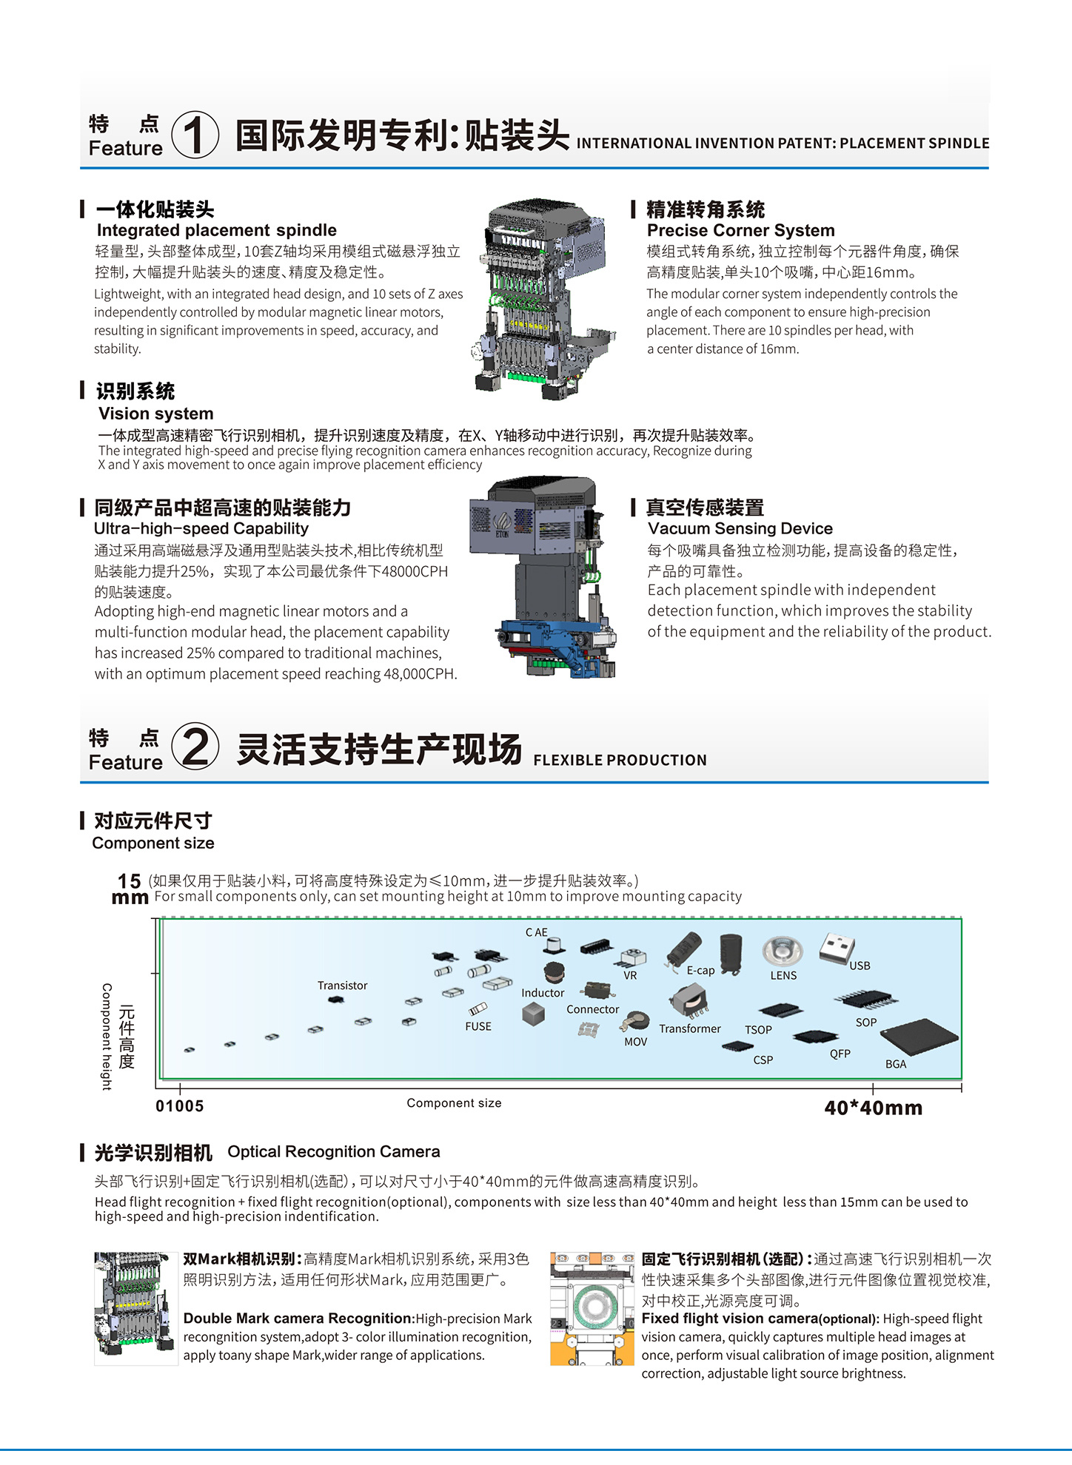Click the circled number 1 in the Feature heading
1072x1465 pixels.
(x=195, y=135)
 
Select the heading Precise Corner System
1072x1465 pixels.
(x=740, y=230)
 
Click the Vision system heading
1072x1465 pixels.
(x=155, y=414)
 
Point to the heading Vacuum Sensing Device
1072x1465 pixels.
(x=740, y=528)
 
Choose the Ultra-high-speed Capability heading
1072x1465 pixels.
(x=201, y=528)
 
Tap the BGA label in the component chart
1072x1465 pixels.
(x=896, y=1064)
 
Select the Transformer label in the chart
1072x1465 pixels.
(x=689, y=1028)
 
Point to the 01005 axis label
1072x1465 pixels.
(x=179, y=1106)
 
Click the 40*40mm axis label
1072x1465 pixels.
(x=874, y=1108)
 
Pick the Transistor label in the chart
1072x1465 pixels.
(x=342, y=986)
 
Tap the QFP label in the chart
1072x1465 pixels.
(x=840, y=1054)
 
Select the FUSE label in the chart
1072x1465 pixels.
(x=478, y=1026)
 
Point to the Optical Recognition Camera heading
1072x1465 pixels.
(x=334, y=1152)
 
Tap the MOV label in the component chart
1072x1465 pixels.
(x=635, y=1042)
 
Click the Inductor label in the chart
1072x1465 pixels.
(x=543, y=993)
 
